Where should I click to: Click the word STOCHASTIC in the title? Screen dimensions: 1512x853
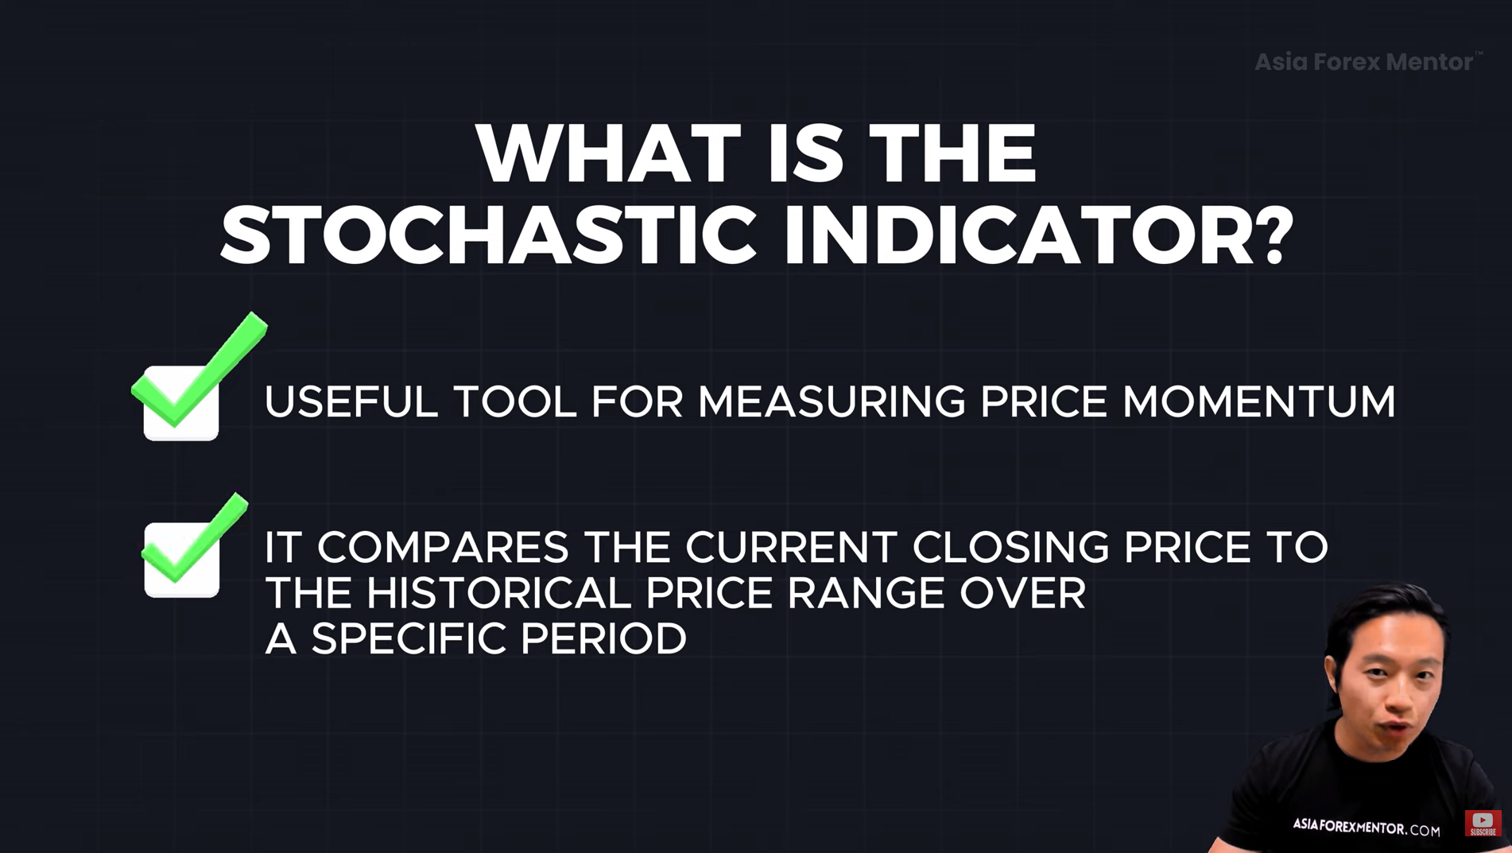tap(488, 236)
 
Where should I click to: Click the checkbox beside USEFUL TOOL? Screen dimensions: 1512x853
tap(181, 402)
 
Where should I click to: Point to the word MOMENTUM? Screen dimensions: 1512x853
tap(1258, 401)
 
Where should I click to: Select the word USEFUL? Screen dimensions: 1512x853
tap(351, 401)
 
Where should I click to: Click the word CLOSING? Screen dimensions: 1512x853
tap(1010, 547)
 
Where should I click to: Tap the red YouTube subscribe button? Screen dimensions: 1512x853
tap(1483, 823)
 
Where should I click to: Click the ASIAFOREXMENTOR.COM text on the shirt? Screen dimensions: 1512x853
tap(1366, 827)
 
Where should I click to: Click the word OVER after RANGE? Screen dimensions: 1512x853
tap(1022, 593)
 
